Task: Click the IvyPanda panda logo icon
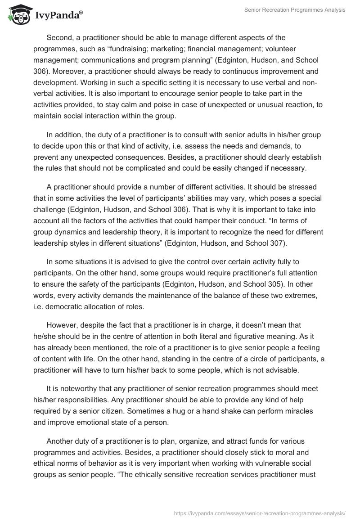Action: tap(18, 15)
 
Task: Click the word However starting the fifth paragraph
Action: tap(62, 324)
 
